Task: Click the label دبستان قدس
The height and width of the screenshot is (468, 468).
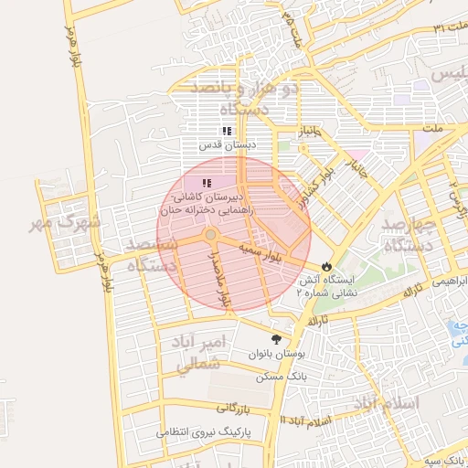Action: point(229,144)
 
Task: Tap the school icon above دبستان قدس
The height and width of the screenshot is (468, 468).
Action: point(227,131)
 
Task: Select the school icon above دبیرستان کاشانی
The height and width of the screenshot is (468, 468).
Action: point(206,184)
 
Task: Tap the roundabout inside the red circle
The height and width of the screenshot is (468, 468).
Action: point(211,235)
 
